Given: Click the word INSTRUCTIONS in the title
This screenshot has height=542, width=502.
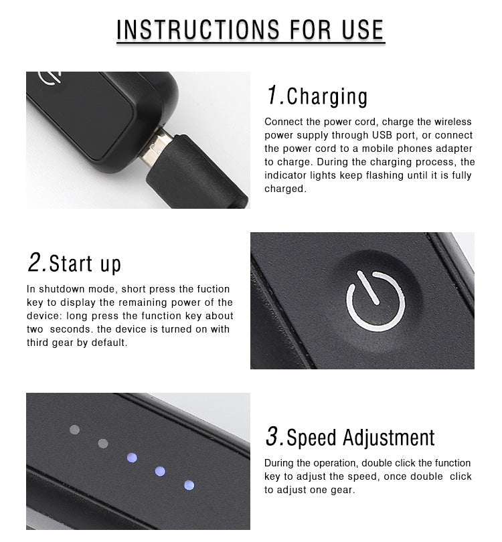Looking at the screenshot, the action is (x=197, y=29).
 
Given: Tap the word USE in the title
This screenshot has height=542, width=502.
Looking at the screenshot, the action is (x=363, y=29).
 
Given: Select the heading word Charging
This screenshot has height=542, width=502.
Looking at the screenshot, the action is (x=327, y=97).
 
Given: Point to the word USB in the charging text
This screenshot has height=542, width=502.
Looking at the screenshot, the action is (x=382, y=135).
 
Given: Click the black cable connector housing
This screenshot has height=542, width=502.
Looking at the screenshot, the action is (x=195, y=172).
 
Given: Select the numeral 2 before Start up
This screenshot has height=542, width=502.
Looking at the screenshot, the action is (x=35, y=262).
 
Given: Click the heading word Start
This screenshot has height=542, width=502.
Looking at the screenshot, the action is (x=71, y=264).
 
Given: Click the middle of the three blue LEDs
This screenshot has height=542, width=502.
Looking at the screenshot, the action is (x=160, y=471).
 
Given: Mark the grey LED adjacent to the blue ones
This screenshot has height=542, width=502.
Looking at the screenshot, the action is (x=103, y=444).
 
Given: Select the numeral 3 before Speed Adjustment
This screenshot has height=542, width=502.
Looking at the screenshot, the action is (x=273, y=436).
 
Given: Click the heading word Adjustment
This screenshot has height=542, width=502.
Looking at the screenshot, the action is (x=388, y=438).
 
